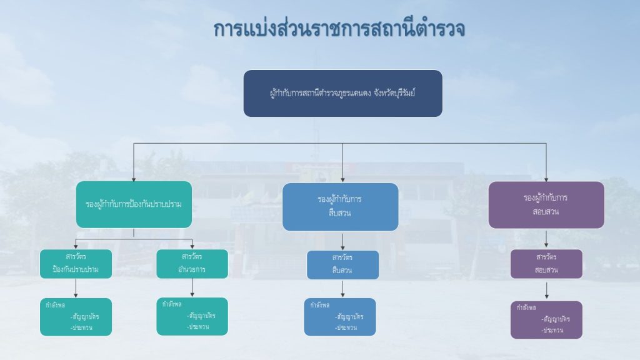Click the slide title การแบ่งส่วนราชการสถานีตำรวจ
339,29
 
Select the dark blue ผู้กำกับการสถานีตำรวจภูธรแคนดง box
342,93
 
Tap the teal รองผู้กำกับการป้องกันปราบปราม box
134,204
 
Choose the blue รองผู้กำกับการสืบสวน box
340,207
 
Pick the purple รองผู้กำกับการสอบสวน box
546,204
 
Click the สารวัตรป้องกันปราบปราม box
76,264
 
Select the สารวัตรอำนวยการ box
192,263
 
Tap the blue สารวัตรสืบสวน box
342,264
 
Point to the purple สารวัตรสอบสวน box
546,264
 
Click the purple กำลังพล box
546,319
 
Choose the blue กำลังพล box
340,317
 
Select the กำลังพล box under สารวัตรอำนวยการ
192,316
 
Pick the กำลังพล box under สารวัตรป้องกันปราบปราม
76,317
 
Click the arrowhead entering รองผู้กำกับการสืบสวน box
342,179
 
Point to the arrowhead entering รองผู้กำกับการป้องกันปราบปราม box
134,178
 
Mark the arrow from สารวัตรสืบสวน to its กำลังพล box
342,289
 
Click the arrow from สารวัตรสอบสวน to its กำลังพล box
546,291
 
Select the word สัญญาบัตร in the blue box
349,316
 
